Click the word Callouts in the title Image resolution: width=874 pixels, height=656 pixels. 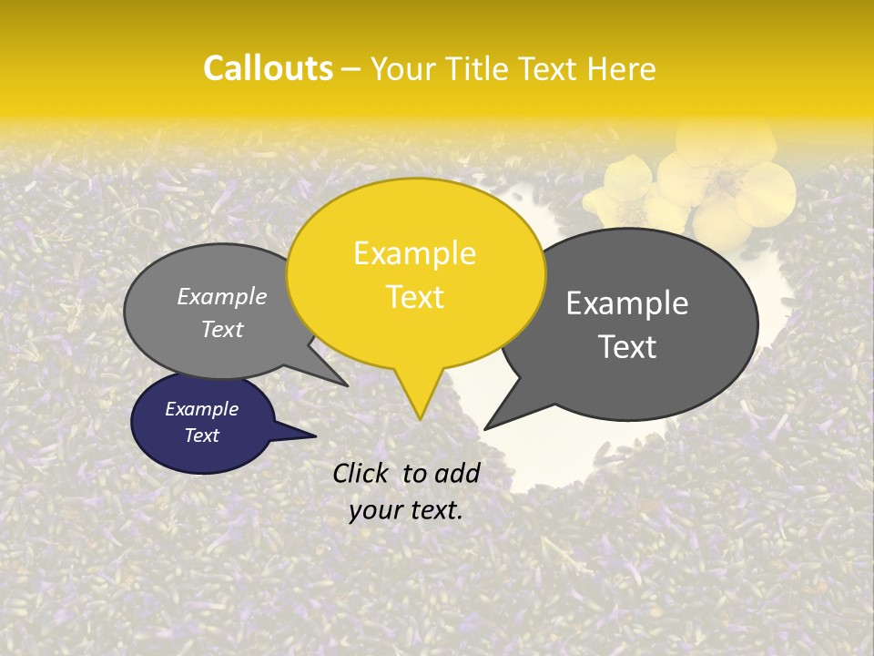(268, 68)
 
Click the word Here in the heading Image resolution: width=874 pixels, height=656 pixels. (622, 68)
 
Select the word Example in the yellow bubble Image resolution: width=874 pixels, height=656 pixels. (414, 253)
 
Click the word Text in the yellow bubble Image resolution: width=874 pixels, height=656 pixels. (414, 297)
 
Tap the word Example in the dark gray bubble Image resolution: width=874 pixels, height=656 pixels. (627, 303)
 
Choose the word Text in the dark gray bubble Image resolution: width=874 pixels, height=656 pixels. (628, 347)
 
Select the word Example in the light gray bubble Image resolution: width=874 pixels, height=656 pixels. (222, 296)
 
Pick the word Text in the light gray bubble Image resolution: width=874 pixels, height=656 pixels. (222, 329)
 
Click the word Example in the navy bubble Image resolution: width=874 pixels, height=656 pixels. (202, 409)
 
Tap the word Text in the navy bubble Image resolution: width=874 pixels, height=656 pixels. (202, 436)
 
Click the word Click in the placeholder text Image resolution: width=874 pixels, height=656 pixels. (362, 473)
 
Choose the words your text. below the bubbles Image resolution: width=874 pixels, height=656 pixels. (406, 510)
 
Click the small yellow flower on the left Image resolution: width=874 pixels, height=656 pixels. (626, 187)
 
